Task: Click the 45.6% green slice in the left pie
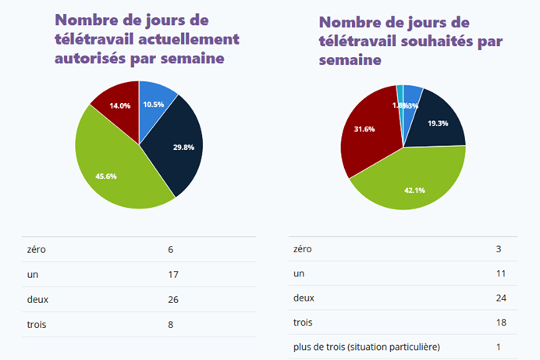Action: [x=117, y=172]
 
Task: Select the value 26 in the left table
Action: [x=173, y=299]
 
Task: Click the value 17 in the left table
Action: [x=173, y=274]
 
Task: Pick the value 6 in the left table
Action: [x=170, y=249]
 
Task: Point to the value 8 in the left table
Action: [x=170, y=324]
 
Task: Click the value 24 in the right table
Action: [x=501, y=298]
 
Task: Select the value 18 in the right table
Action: [x=501, y=322]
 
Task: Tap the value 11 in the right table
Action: [x=501, y=273]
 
